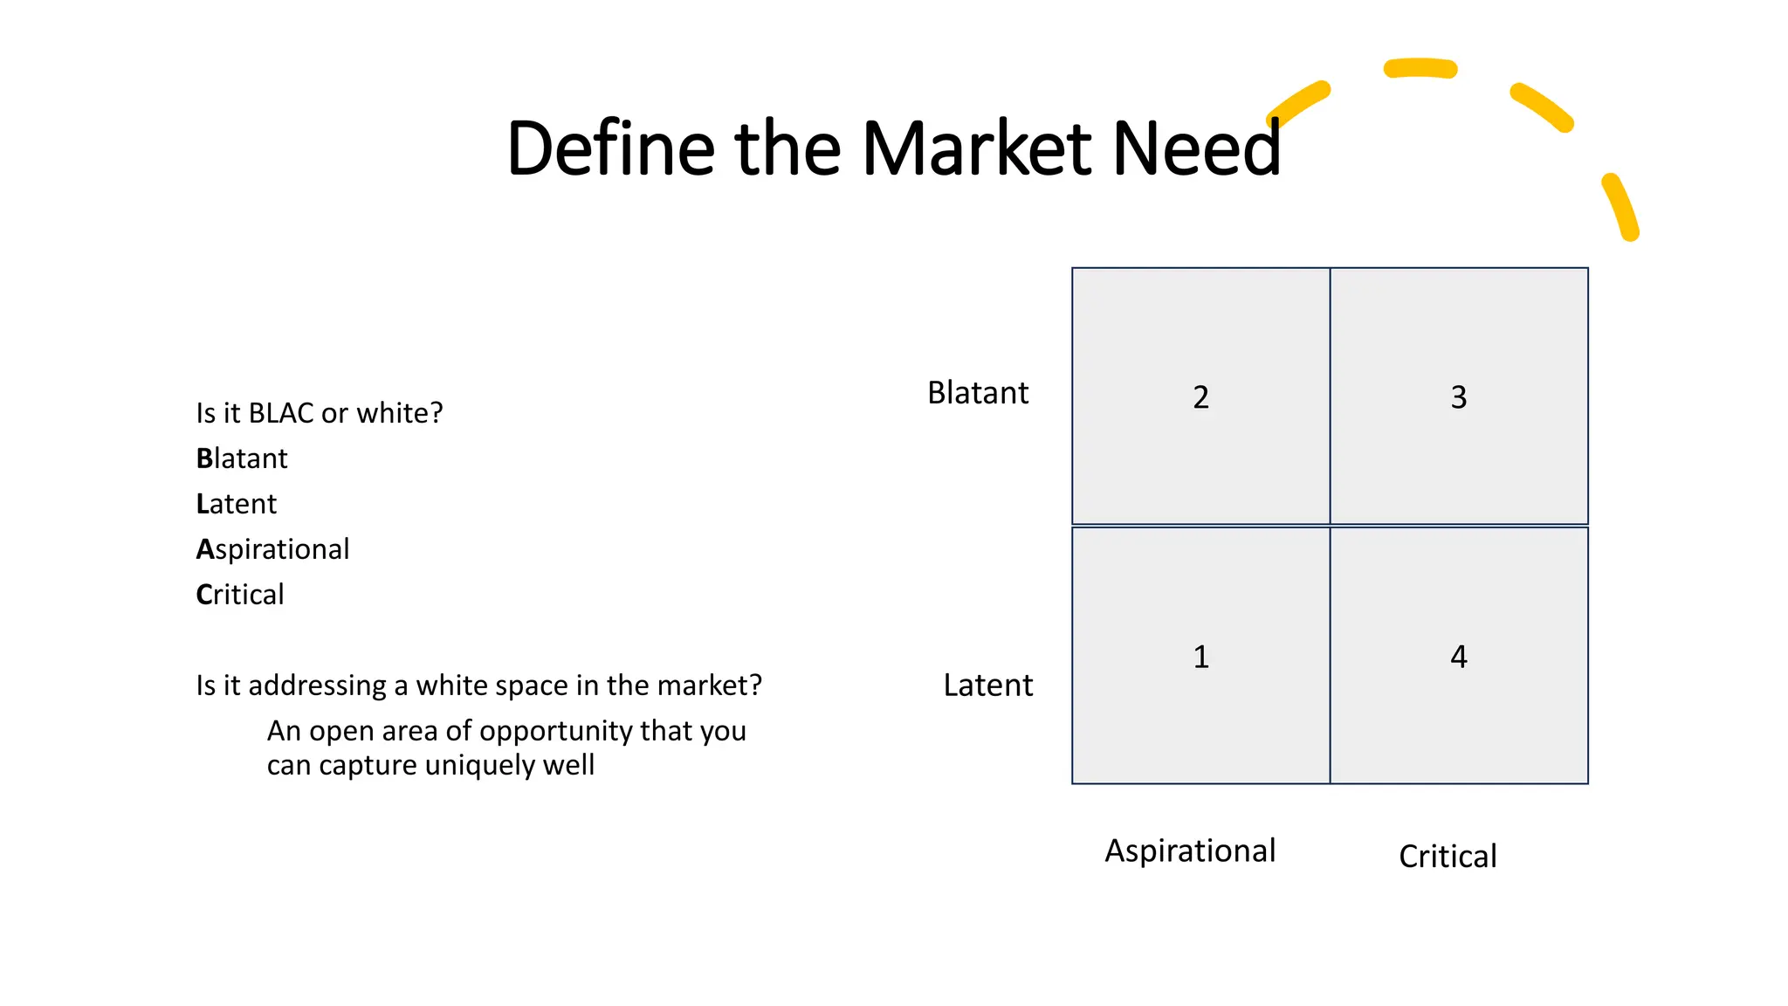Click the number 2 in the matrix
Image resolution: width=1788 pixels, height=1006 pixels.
pyautogui.click(x=1200, y=397)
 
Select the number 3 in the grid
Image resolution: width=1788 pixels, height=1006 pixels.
pyautogui.click(x=1458, y=397)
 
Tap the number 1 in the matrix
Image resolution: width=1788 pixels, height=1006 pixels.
pyautogui.click(x=1200, y=657)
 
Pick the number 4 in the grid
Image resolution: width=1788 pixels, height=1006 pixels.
pyautogui.click(x=1458, y=657)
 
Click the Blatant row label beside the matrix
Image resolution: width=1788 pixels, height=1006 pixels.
pyautogui.click(x=978, y=393)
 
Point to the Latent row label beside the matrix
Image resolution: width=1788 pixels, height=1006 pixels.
pyautogui.click(x=987, y=686)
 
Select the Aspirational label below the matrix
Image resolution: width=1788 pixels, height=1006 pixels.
pyautogui.click(x=1190, y=851)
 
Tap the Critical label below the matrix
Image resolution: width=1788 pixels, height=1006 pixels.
pyautogui.click(x=1448, y=857)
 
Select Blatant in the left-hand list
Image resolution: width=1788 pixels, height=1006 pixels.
pyautogui.click(x=242, y=458)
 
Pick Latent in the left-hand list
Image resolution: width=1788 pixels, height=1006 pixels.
pyautogui.click(x=236, y=504)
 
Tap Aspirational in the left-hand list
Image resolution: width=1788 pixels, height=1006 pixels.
pyautogui.click(x=272, y=549)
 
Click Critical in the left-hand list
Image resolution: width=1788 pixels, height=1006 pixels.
pyautogui.click(x=240, y=595)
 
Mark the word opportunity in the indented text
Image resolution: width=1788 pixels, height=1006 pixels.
pyautogui.click(x=555, y=732)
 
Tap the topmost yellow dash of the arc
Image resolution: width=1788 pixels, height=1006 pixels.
pyautogui.click(x=1420, y=68)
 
